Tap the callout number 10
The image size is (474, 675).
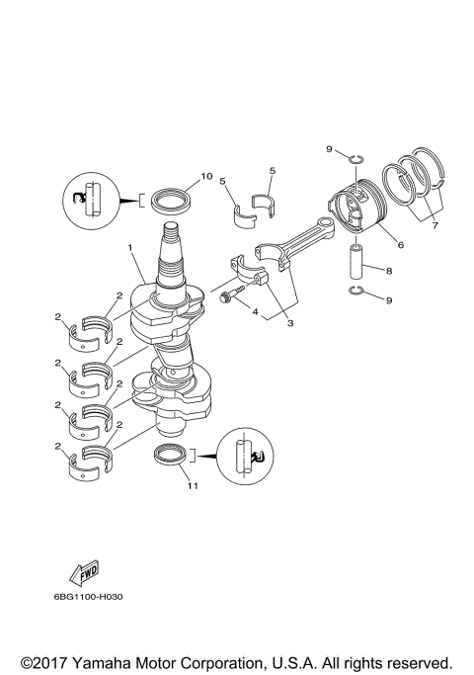click(206, 177)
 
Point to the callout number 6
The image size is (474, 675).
click(401, 244)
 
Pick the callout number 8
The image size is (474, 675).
click(389, 269)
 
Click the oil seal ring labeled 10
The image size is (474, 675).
click(174, 201)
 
